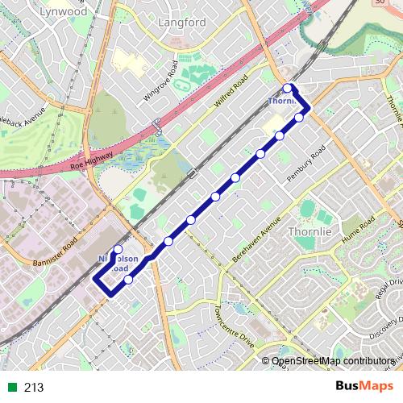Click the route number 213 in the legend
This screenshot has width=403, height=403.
tap(33, 388)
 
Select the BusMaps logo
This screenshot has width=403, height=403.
tap(364, 386)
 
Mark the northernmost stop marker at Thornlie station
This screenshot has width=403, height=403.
tap(288, 87)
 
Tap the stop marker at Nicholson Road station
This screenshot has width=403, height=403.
tap(118, 250)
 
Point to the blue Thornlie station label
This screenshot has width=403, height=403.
tap(282, 102)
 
